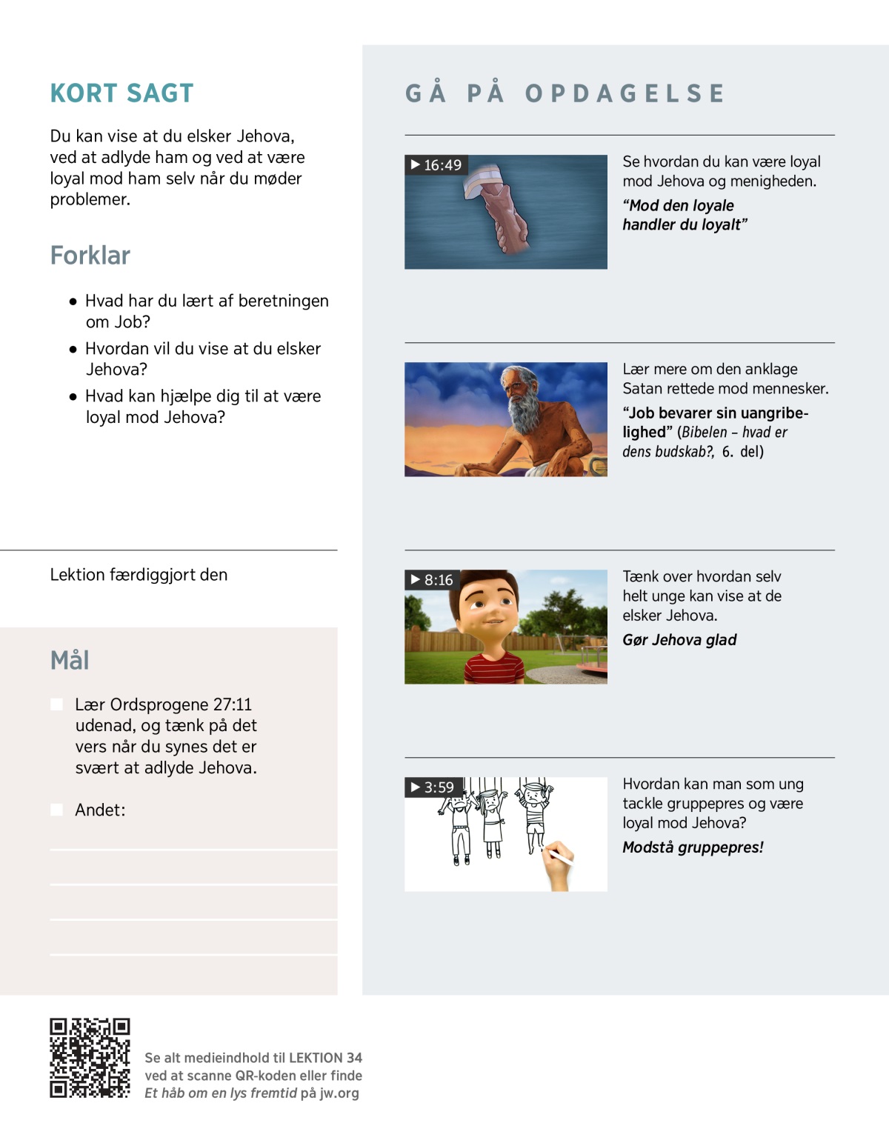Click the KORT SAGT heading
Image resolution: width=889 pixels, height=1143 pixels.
[121, 93]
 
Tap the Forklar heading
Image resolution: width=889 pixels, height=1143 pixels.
[90, 256]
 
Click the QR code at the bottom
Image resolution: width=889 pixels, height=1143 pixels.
[90, 1058]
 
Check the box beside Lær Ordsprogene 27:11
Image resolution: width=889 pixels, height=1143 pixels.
[56, 704]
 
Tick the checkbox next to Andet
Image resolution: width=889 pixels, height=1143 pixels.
[56, 810]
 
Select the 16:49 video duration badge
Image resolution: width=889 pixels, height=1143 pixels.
[436, 165]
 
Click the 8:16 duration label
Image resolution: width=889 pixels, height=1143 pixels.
[432, 580]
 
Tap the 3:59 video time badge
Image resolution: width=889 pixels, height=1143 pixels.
[433, 787]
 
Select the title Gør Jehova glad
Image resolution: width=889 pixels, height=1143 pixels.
[679, 640]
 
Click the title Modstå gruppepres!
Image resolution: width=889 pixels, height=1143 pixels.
[693, 847]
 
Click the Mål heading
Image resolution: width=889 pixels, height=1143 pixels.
[70, 660]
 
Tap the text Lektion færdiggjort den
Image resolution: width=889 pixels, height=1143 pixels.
[139, 575]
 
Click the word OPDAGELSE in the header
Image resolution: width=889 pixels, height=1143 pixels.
[625, 93]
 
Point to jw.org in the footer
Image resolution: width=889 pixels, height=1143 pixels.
[339, 1093]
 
